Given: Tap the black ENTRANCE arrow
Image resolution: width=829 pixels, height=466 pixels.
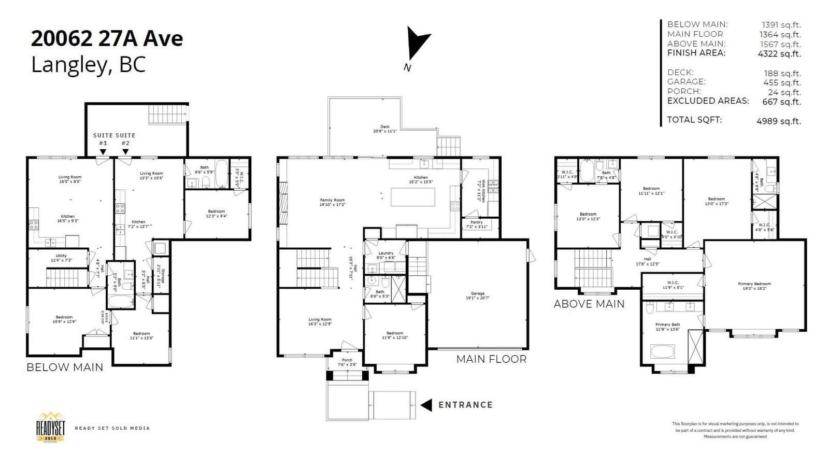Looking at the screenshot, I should click(x=426, y=405).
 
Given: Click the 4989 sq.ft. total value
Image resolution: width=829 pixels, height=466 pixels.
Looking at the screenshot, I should click(x=778, y=121).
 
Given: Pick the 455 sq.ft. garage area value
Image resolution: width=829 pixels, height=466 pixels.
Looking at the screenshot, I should click(x=782, y=82).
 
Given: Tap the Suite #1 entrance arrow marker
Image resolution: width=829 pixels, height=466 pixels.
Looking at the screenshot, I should click(x=103, y=152).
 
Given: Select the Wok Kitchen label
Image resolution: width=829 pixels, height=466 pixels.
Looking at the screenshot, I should click(x=482, y=191).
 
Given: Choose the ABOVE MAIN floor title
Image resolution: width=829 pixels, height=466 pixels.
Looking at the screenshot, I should click(x=589, y=304).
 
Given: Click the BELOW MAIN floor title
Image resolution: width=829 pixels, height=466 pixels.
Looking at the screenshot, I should click(x=65, y=368).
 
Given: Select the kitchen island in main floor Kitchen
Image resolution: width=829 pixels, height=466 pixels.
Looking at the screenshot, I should click(x=412, y=197).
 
